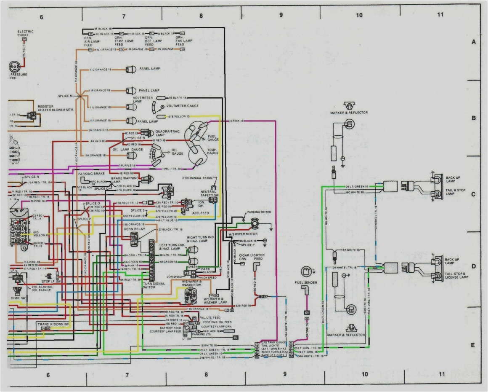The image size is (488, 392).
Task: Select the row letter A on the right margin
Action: tap(473, 42)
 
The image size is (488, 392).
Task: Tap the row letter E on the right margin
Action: tap(473, 345)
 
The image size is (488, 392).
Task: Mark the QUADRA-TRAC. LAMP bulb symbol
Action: tap(145, 133)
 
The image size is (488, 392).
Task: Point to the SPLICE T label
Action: tap(247, 245)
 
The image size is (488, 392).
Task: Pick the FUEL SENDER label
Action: tap(306, 282)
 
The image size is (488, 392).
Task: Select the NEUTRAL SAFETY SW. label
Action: tap(209, 193)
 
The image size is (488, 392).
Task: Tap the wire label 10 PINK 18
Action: tap(236, 121)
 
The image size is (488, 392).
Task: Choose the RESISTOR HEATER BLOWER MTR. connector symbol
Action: tap(31, 115)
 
